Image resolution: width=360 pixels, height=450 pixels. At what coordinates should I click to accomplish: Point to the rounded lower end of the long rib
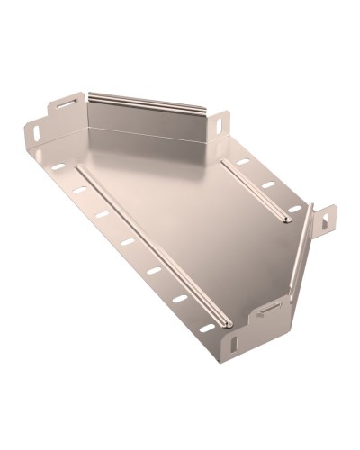pyautogui.click(x=225, y=322)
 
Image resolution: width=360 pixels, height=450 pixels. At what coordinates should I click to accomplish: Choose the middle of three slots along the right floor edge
pyautogui.click(x=268, y=185)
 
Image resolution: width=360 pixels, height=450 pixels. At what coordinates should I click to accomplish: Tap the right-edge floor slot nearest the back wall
pyautogui.click(x=243, y=163)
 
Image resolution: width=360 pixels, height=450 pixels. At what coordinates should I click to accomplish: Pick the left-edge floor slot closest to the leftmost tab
pyautogui.click(x=58, y=166)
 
